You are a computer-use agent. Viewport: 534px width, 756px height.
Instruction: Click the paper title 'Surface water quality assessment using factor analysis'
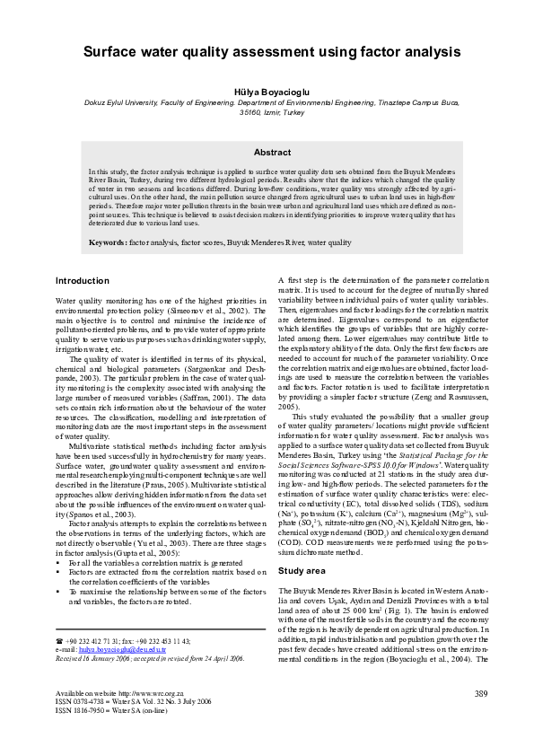pyautogui.click(x=267, y=53)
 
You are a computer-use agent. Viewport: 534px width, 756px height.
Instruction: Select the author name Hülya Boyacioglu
pyautogui.click(x=267, y=92)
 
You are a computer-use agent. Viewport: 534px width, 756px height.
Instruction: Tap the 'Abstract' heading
pyautogui.click(x=267, y=153)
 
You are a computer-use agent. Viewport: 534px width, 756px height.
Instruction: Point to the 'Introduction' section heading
pyautogui.click(x=83, y=280)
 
